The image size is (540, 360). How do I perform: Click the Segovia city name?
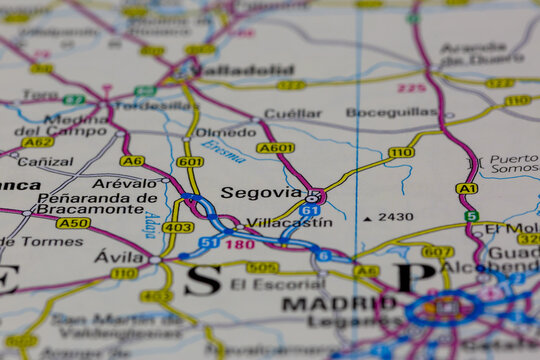coord(260,192)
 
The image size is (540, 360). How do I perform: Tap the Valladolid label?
coord(246,70)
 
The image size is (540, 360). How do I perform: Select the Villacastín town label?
coord(289,223)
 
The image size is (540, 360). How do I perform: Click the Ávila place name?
coord(119,256)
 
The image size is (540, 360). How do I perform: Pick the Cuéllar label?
coord(292,113)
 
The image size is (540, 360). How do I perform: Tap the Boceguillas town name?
coord(392,112)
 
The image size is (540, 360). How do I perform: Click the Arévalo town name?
coord(124,183)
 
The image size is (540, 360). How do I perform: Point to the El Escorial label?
coord(264,284)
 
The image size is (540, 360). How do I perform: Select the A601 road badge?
coord(275,148)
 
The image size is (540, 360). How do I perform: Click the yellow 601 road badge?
coord(190,161)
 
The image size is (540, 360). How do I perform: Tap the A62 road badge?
coord(38,142)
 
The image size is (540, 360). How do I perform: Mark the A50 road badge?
coord(72,222)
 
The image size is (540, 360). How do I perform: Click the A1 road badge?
coord(466,188)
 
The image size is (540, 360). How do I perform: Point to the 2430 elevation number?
coord(395,216)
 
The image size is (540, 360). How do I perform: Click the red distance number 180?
coord(239,243)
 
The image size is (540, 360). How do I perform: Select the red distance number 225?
coord(411,88)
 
